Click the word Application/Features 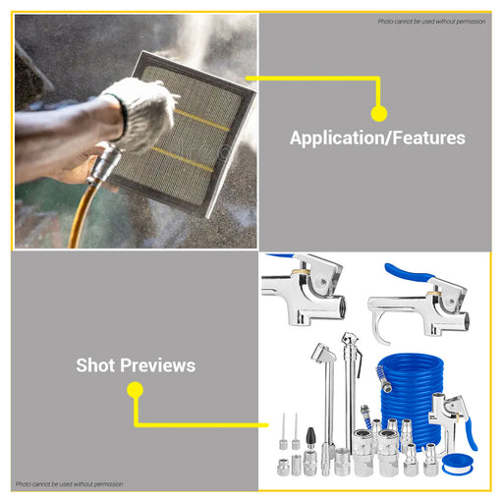(377, 138)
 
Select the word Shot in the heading (95, 365)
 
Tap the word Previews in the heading (157, 365)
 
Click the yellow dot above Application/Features (379, 114)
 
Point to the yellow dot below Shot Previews (135, 390)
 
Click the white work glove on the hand (144, 113)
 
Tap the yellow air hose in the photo (80, 214)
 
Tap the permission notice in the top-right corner (431, 22)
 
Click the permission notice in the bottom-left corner (70, 484)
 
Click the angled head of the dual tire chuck (322, 352)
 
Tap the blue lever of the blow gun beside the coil (471, 434)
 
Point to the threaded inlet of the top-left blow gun (340, 307)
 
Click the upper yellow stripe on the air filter (201, 120)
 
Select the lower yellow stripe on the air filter (183, 159)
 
